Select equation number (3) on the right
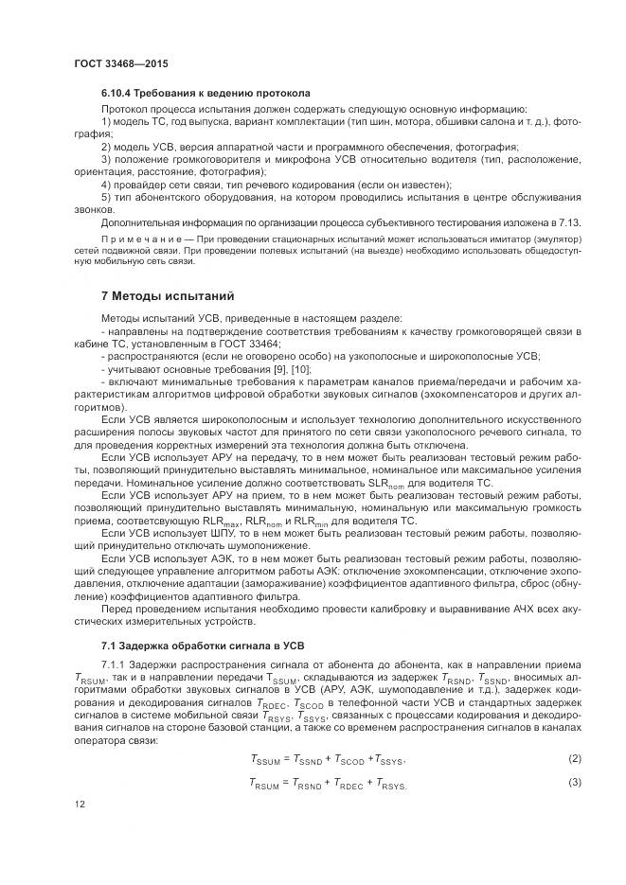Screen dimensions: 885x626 pos(573,782)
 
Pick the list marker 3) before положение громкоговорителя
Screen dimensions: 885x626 pos(106,160)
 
